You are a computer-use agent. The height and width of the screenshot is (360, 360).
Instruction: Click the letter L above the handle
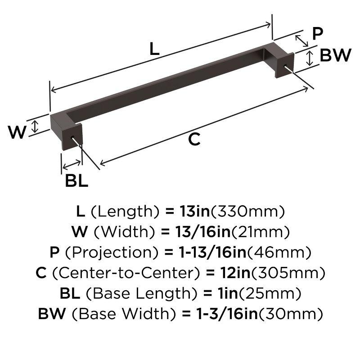154,49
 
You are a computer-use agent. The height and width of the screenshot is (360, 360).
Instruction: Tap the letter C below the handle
193,140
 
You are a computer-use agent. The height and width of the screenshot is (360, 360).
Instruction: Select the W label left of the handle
18,132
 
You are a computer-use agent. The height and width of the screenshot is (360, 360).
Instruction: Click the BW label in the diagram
335,56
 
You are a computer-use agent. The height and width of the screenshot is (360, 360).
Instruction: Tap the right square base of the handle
284,66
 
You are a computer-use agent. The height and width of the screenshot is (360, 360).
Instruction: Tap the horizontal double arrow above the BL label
72,164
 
